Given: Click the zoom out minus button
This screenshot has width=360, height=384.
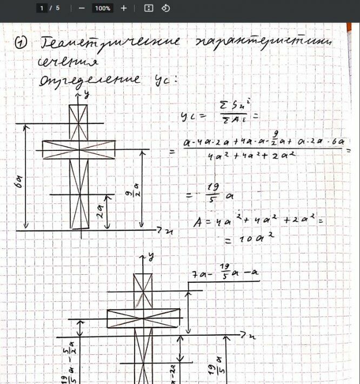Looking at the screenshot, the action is [x=82, y=8].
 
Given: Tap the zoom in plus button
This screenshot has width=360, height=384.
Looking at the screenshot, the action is [x=124, y=8].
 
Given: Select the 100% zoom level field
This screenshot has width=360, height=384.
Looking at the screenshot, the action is [x=102, y=8].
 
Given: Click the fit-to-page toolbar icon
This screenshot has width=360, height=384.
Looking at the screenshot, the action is [x=149, y=8].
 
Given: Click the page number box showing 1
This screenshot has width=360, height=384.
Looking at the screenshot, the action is [x=43, y=8].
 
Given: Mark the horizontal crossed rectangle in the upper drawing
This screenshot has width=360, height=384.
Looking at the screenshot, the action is [x=79, y=149].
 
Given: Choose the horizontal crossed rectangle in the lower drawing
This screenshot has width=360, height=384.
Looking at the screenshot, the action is [x=143, y=318].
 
